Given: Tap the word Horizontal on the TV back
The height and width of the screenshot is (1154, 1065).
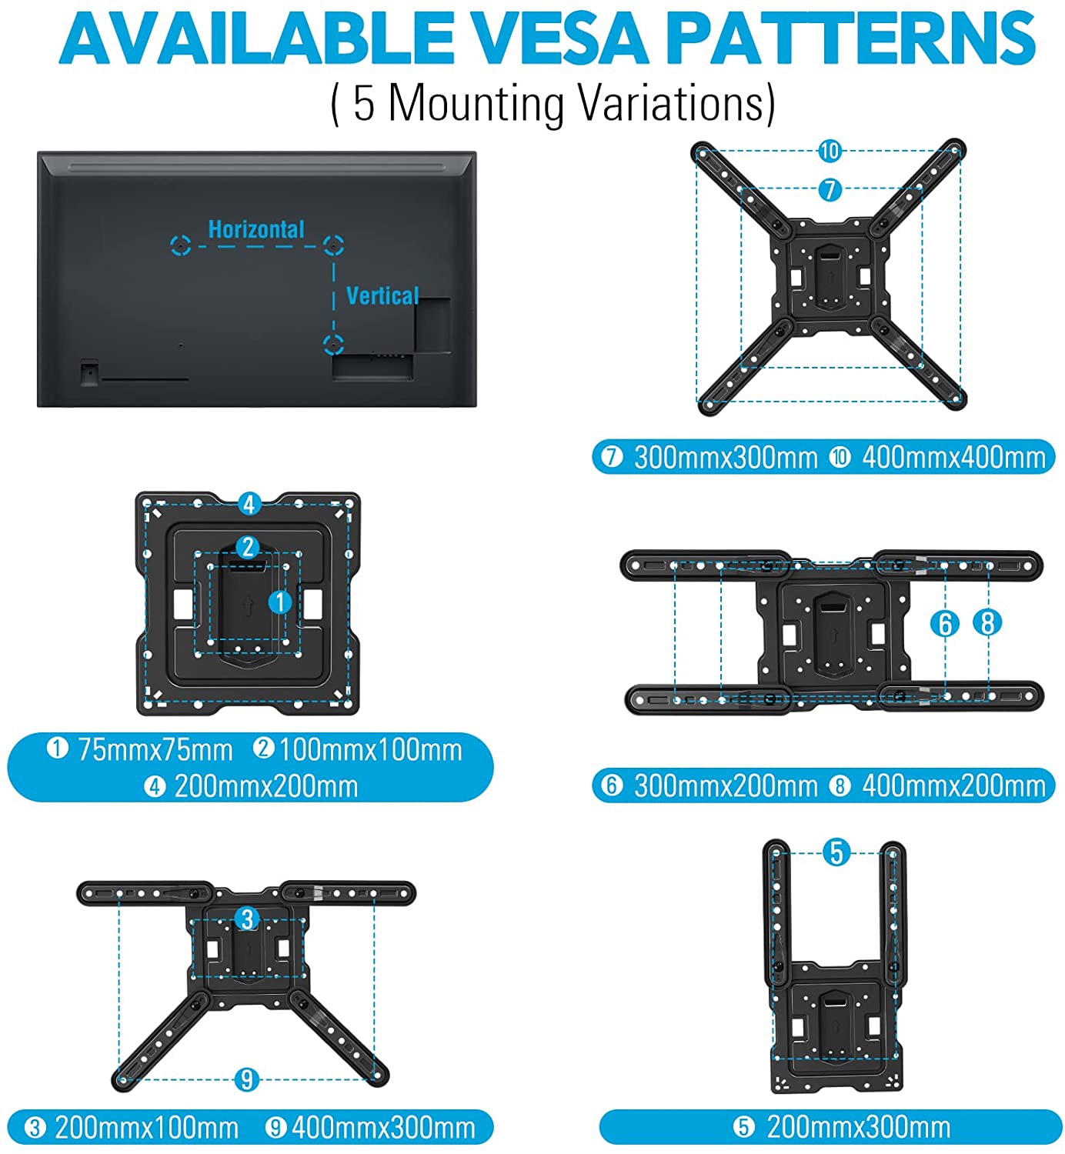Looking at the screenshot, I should click(256, 229).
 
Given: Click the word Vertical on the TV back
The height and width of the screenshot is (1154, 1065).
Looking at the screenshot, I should click(382, 295).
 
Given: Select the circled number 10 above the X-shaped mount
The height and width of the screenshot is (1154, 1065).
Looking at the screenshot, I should click(830, 151).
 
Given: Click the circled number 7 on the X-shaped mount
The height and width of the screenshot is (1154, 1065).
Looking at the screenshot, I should click(830, 189).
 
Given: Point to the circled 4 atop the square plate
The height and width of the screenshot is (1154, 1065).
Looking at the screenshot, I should click(248, 505).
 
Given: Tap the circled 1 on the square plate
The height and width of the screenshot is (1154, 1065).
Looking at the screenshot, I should click(280, 602).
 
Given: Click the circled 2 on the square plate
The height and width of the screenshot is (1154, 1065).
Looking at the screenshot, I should click(247, 547).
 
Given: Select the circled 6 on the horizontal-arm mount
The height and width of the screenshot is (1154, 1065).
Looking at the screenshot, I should click(945, 623).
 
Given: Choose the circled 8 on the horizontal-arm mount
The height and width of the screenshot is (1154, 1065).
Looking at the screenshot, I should click(987, 622).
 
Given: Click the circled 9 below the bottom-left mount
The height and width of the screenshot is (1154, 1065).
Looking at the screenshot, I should click(246, 1079).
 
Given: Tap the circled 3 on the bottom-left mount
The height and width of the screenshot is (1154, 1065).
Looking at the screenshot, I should click(246, 919).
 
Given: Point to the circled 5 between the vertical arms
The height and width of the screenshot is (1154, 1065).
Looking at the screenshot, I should click(836, 852).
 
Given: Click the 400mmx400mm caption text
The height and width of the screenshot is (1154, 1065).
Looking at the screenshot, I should click(953, 458).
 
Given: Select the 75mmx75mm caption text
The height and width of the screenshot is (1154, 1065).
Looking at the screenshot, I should click(155, 749).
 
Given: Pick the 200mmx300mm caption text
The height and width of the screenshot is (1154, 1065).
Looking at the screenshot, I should click(858, 1127).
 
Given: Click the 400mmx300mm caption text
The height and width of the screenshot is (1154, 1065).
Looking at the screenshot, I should click(383, 1128).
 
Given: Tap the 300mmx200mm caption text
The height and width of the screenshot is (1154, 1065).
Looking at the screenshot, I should click(725, 785).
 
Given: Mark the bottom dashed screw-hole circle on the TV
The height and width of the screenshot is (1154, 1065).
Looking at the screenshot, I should click(333, 344).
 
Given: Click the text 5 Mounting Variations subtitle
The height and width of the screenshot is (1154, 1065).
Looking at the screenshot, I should click(553, 103).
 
